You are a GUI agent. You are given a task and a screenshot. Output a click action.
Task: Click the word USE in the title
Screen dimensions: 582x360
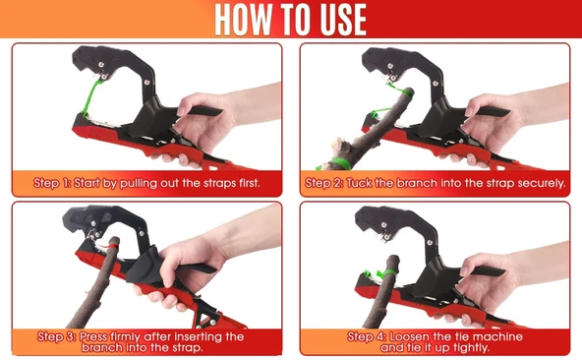coord(343,20)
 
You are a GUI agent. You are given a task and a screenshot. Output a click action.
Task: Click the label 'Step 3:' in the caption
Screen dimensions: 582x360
coord(56,336)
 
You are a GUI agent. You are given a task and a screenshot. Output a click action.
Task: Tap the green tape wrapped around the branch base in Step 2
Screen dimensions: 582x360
coord(339,163)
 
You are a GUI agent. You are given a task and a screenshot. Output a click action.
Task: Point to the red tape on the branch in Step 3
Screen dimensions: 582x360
coord(112,246)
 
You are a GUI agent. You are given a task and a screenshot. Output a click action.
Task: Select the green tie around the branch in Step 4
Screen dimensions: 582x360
coord(385,273)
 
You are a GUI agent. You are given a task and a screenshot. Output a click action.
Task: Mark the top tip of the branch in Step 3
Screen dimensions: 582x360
coord(115,238)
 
